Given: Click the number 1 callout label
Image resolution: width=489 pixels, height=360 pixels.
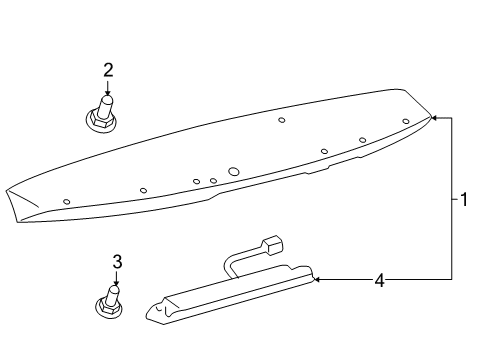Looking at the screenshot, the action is pyautogui.click(x=465, y=200).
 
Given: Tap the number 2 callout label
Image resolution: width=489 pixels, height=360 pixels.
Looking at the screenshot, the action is pyautogui.click(x=108, y=70).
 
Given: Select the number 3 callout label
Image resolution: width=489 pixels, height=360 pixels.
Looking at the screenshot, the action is pyautogui.click(x=117, y=261).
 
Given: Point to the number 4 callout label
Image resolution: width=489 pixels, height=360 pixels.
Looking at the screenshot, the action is pyautogui.click(x=379, y=281).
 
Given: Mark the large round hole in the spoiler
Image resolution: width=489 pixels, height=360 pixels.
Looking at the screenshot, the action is pyautogui.click(x=233, y=172).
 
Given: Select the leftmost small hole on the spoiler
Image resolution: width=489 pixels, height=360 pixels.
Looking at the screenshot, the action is pyautogui.click(x=67, y=201).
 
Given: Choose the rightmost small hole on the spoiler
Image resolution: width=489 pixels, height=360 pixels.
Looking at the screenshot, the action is pyautogui.click(x=406, y=122).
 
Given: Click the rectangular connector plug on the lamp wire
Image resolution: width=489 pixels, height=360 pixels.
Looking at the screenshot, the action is pyautogui.click(x=271, y=245).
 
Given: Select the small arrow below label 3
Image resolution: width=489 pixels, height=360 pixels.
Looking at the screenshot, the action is pyautogui.click(x=117, y=281).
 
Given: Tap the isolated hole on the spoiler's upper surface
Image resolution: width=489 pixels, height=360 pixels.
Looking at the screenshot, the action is pyautogui.click(x=282, y=120).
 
